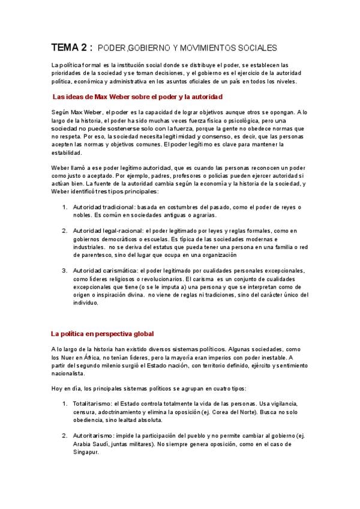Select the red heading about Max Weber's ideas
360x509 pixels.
coord(137,96)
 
